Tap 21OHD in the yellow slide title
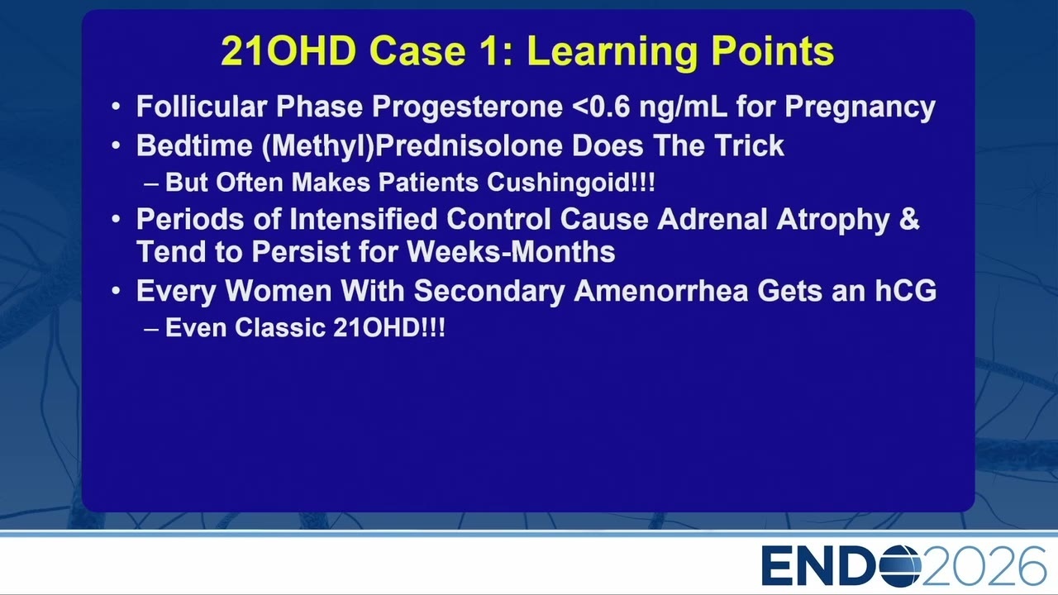pos(288,50)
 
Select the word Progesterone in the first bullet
pos(468,107)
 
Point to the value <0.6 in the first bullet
pos(601,107)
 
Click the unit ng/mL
pos(683,107)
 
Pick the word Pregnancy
pos(860,107)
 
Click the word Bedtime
pos(194,145)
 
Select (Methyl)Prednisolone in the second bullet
pos(412,146)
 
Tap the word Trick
pos(749,145)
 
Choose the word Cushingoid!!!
pos(570,183)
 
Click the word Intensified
pos(363,220)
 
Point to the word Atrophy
pos(833,220)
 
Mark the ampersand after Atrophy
pos(909,220)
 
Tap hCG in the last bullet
pos(905,290)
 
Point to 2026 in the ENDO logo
pos(984,566)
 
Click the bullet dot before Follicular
pos(117,107)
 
